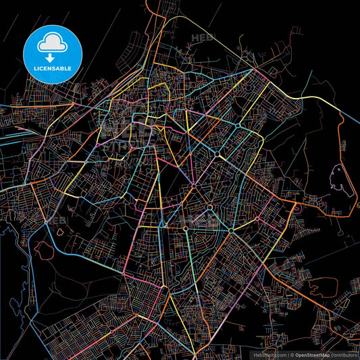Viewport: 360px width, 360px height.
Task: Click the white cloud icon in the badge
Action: pyautogui.click(x=53, y=42)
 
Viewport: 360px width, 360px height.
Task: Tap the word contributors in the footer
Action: pyautogui.click(x=343, y=355)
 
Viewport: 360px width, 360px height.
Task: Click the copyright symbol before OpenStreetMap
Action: pyautogui.click(x=290, y=355)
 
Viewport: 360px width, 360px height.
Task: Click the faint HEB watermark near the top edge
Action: pyautogui.click(x=203, y=38)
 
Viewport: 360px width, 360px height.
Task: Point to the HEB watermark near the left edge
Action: pyautogui.click(x=55, y=220)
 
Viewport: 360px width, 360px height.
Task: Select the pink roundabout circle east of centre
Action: pyautogui.click(x=257, y=218)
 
